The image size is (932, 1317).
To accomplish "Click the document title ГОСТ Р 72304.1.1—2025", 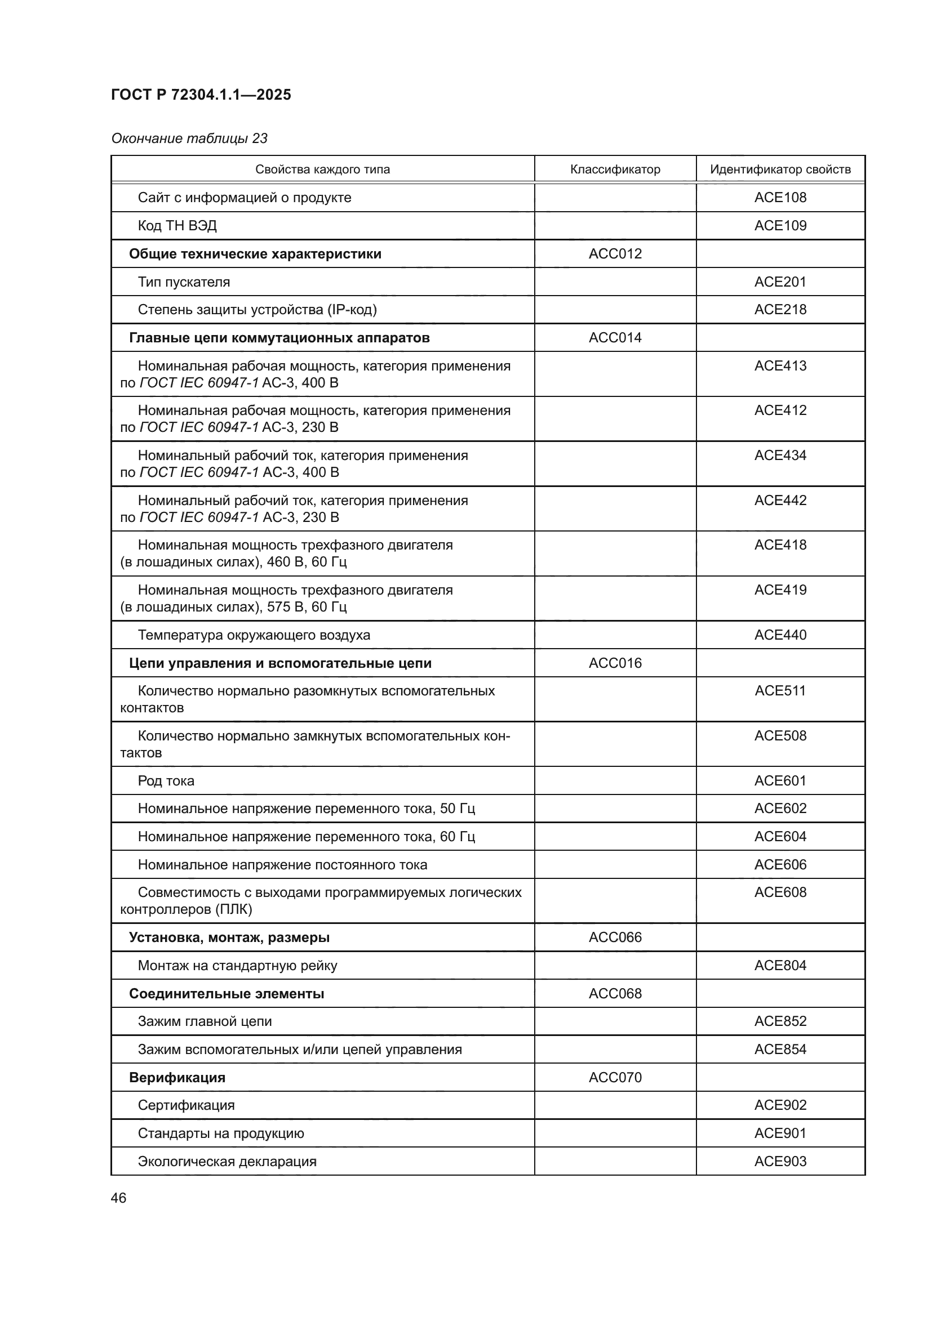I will [201, 95].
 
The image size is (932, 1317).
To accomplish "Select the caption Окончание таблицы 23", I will [189, 139].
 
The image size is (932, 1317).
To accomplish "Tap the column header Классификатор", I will [615, 169].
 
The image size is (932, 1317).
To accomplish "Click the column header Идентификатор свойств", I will [780, 169].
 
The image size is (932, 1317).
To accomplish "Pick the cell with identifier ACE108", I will [780, 197].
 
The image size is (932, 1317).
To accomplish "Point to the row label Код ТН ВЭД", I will [177, 225].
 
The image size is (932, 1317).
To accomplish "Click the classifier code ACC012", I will [615, 253].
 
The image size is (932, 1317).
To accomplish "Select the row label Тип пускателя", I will [184, 282].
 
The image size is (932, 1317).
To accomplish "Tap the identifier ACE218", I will [780, 310].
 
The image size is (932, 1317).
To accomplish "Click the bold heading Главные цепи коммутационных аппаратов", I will [279, 338].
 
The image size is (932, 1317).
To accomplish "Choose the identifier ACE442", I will [780, 500].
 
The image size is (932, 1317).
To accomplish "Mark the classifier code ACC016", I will [615, 663].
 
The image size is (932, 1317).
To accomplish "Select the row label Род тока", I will [166, 780].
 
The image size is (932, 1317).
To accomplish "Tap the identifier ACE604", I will [780, 836].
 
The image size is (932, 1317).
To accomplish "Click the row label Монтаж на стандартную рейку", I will [237, 966].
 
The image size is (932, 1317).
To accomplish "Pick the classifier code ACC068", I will [615, 993].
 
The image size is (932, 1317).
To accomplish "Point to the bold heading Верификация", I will [177, 1077].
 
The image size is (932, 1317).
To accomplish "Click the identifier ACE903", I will [780, 1161].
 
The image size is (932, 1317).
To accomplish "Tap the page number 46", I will [118, 1198].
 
